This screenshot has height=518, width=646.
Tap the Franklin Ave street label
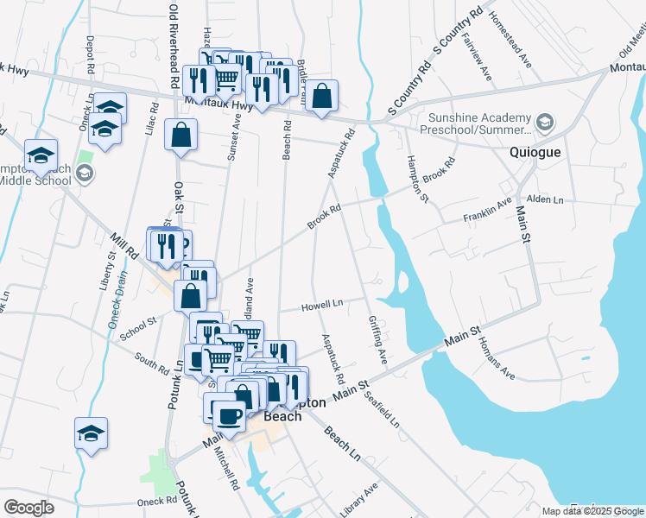pyautogui.click(x=487, y=212)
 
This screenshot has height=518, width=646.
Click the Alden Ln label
pyautogui.click(x=546, y=200)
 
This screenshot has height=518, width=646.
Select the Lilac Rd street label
pyautogui.click(x=154, y=119)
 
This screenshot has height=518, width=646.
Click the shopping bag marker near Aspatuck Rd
pyautogui.click(x=321, y=98)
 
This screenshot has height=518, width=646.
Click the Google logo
pyautogui.click(x=28, y=508)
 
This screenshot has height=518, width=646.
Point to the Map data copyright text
pyautogui.click(x=592, y=511)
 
